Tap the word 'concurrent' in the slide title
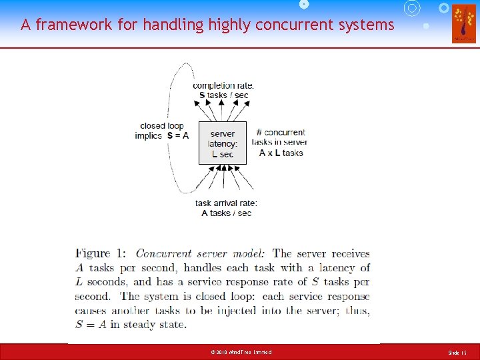tap(291, 25)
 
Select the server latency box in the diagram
tap(223, 143)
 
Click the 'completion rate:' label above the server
tap(223, 85)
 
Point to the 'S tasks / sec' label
tap(223, 95)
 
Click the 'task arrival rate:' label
tap(226, 203)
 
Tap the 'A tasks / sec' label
tap(226, 213)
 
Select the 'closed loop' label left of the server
tap(161, 125)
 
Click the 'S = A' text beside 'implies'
tap(178, 135)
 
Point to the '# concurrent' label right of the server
tap(281, 132)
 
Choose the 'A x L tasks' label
tap(281, 153)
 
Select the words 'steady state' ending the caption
tap(159, 325)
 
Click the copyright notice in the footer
tap(240, 352)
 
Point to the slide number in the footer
tap(458, 352)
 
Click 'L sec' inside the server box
tap(223, 154)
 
